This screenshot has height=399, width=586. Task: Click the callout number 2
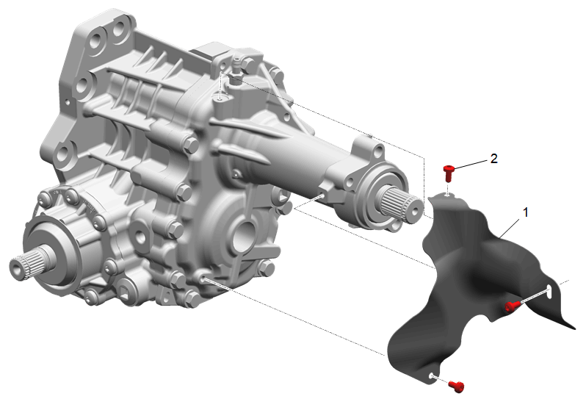click(x=493, y=159)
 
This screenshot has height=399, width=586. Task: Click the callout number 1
click(x=526, y=212)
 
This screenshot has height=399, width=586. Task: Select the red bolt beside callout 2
click(x=448, y=173)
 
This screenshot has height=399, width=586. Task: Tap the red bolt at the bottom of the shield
click(x=456, y=387)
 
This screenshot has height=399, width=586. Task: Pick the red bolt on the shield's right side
click(x=512, y=306)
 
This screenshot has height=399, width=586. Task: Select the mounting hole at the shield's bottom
click(x=432, y=375)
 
